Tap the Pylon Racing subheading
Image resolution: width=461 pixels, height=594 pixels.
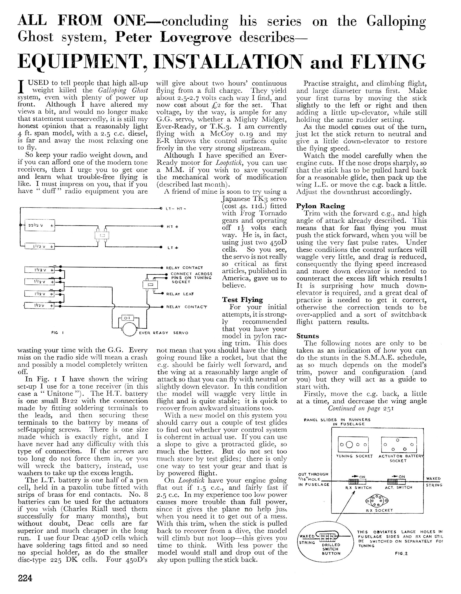click(320, 206)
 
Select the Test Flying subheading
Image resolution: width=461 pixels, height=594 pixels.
click(242, 300)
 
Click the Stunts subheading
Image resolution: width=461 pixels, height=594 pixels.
click(307, 336)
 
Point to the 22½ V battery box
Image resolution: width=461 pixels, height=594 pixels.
click(39, 225)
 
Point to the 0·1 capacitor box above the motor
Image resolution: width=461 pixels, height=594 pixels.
click(127, 318)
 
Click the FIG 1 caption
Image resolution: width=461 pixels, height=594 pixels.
click(57, 333)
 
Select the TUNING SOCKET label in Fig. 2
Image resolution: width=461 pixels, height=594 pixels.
click(354, 456)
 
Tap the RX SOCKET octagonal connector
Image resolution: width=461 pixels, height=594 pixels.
click(377, 501)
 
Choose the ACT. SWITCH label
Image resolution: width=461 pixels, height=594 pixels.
click(398, 488)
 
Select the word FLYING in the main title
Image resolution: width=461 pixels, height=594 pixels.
click(388, 62)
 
